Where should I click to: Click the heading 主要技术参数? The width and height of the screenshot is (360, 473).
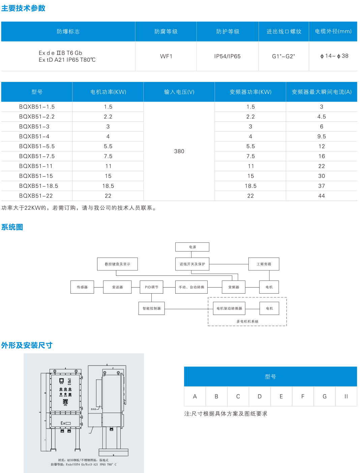point(23,8)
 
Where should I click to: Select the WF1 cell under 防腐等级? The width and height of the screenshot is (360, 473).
point(166,56)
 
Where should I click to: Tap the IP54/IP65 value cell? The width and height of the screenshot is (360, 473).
point(228,56)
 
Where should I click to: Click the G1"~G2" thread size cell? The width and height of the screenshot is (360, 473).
point(283,56)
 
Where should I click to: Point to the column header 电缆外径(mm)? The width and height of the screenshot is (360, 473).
point(333,31)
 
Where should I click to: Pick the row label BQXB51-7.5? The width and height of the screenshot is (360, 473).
point(37,156)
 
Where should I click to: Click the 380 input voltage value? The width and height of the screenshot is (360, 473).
point(179,151)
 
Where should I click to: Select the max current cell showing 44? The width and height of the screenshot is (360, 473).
point(322,196)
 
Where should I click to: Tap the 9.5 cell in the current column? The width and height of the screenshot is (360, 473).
point(322,137)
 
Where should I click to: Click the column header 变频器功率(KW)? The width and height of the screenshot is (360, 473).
point(250,92)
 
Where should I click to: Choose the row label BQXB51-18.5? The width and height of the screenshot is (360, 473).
point(38,186)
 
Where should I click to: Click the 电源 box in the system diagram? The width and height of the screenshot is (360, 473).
point(192,247)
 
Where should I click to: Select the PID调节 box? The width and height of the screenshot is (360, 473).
point(151,287)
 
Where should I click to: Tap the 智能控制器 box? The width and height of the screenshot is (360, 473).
point(152,308)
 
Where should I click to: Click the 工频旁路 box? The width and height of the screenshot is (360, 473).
point(264,264)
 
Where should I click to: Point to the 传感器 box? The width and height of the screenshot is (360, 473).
point(82,287)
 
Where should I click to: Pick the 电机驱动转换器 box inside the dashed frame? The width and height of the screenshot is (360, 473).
point(229,308)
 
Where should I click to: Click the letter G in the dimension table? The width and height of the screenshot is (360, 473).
point(325,396)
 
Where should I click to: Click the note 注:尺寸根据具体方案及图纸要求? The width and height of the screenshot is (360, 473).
point(226,414)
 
